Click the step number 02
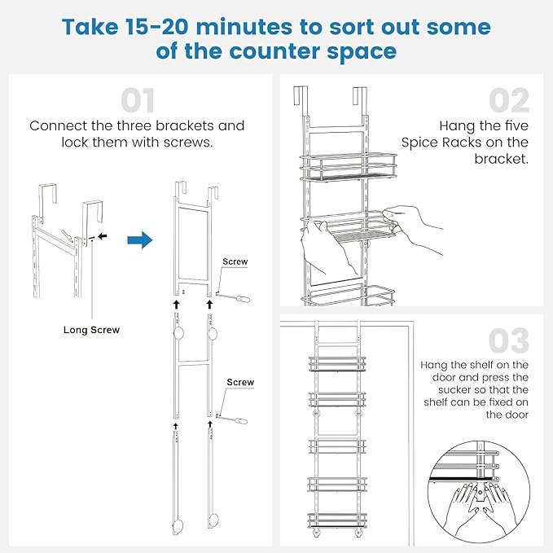point(508,101)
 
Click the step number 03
point(508,340)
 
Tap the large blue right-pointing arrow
point(139,240)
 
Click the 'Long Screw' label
point(91,330)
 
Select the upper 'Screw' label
point(235,262)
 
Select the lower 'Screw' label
point(239,382)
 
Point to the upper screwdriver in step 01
point(236,297)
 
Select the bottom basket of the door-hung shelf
point(336,519)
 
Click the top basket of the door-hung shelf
point(336,362)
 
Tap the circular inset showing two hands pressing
point(473,488)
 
